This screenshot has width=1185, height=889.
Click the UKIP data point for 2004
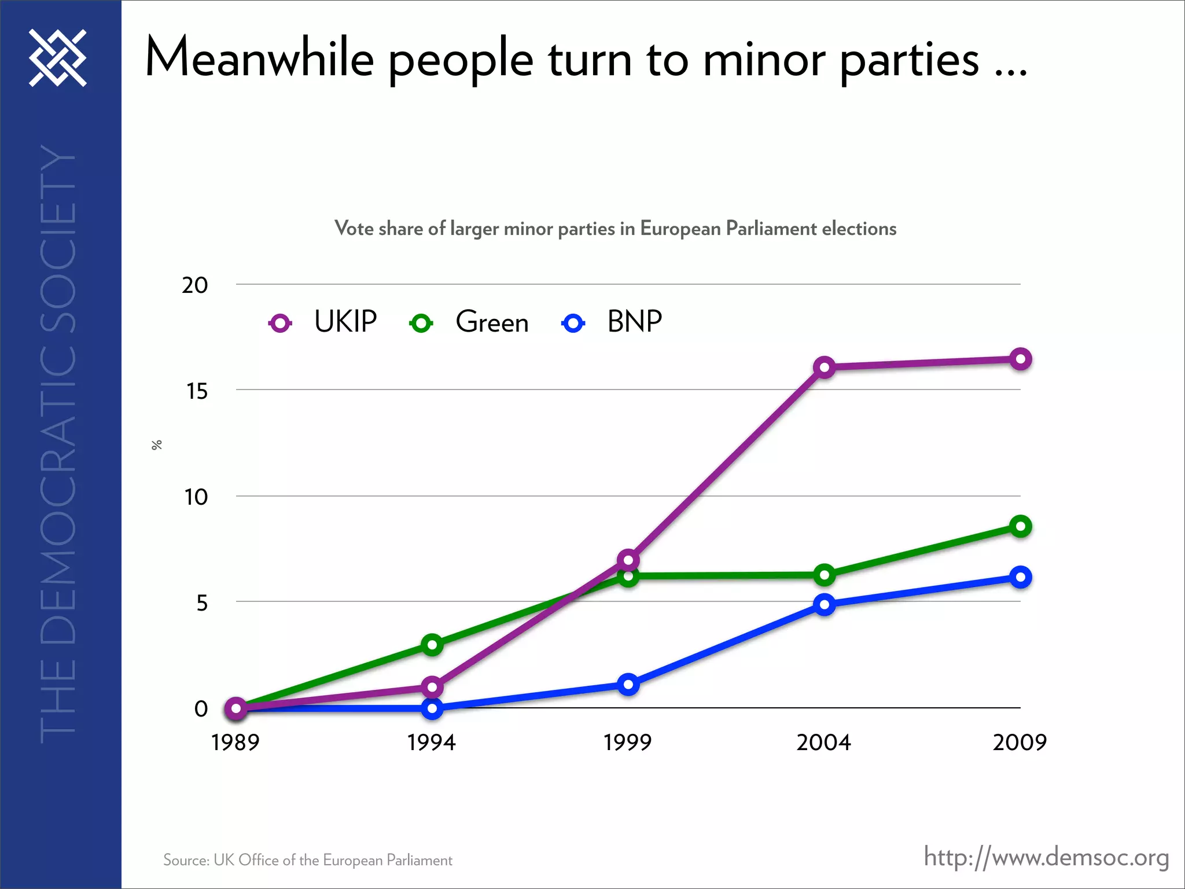(x=824, y=368)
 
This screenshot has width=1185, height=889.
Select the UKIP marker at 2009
(x=1020, y=359)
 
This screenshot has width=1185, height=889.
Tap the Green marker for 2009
(x=1020, y=527)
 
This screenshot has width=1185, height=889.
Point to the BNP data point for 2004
(x=824, y=605)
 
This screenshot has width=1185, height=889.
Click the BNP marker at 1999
(x=628, y=685)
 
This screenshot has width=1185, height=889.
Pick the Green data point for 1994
(x=432, y=645)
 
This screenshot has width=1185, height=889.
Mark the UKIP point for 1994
(x=432, y=688)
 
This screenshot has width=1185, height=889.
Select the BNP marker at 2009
(x=1020, y=578)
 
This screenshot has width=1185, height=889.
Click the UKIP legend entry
(x=345, y=322)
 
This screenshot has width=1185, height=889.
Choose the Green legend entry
(x=492, y=322)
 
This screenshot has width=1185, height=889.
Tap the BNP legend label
(x=634, y=322)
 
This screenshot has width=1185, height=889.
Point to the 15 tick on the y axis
(x=196, y=392)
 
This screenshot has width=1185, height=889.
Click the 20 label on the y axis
(x=195, y=285)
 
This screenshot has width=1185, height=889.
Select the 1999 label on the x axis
(x=627, y=743)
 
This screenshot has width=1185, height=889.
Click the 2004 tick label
(x=823, y=743)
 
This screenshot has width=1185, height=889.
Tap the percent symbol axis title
(x=156, y=444)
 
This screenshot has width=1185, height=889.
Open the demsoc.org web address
(x=1046, y=857)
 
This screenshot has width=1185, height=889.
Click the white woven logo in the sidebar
(x=58, y=58)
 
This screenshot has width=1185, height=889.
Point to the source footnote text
(x=307, y=860)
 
